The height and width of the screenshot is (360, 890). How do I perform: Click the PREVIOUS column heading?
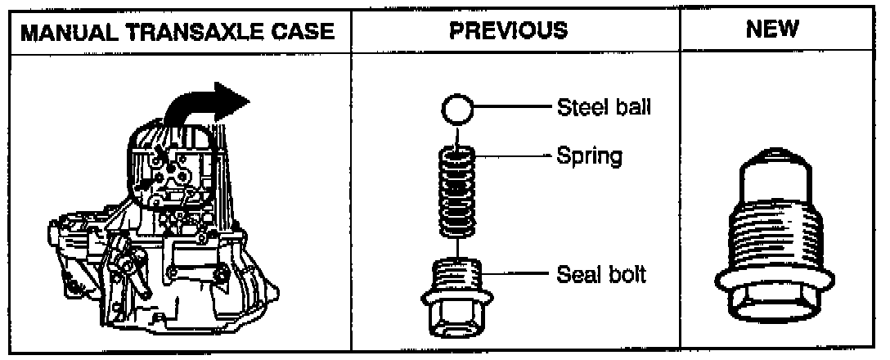click(509, 32)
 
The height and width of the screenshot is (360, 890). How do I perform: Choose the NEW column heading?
click(773, 32)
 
